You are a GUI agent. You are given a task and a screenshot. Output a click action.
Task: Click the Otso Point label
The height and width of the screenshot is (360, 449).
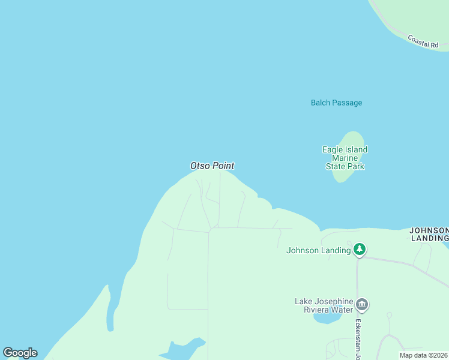[212, 166]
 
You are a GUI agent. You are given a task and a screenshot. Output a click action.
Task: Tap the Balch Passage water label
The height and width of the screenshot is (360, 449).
[336, 103]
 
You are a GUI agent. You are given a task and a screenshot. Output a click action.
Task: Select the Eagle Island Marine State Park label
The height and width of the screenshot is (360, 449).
[345, 158]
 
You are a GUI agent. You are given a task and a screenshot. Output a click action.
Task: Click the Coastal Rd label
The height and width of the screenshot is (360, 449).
[423, 41]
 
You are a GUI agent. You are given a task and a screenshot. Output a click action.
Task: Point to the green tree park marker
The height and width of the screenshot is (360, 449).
[360, 250]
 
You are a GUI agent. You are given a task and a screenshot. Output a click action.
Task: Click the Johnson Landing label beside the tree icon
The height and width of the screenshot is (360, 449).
[318, 250]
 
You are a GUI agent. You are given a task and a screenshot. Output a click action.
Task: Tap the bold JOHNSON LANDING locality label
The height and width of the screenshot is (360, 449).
[429, 234]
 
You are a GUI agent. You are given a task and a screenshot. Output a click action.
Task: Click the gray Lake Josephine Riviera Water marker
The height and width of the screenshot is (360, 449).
[361, 305]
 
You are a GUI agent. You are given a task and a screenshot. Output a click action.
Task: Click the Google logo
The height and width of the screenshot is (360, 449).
[20, 353]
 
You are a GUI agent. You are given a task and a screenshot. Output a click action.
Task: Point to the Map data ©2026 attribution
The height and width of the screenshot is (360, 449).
[424, 355]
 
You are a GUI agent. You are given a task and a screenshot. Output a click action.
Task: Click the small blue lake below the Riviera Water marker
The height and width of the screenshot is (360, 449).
[327, 318]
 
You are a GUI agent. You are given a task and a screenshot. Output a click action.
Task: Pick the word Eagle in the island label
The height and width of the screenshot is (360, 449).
[333, 149]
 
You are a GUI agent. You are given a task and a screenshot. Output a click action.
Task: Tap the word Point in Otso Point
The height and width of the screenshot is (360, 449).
[223, 166]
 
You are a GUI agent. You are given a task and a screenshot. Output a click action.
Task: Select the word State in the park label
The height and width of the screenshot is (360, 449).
[336, 166]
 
